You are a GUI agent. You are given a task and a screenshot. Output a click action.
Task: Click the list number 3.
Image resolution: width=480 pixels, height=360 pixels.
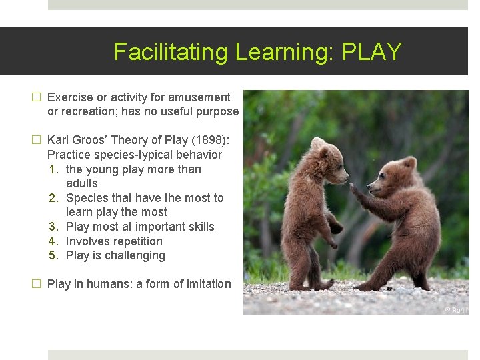coord(54,227)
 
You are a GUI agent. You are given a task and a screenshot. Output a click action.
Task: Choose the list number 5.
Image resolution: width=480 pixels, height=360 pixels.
coord(54,256)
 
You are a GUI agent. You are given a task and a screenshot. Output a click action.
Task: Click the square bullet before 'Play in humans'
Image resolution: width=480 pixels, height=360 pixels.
coord(37,284)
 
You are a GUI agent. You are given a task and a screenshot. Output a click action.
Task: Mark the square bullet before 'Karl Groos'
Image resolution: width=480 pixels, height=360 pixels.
coord(37,141)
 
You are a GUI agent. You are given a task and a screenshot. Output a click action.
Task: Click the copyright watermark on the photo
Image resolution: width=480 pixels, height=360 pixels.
coord(457,309)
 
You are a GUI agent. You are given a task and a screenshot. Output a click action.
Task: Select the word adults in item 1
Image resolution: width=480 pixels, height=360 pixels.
coord(82,183)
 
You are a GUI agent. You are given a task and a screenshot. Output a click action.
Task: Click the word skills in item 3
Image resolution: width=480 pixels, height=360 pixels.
coord(199,227)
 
